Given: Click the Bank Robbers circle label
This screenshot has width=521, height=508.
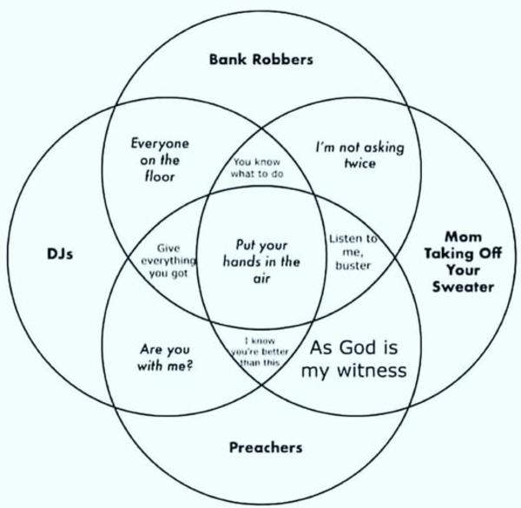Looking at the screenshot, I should pos(260,60).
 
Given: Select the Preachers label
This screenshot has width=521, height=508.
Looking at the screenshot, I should pos(266,448).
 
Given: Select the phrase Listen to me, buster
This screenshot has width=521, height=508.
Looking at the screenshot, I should pos(353,252).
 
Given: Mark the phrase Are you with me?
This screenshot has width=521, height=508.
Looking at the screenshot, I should pos(165,358).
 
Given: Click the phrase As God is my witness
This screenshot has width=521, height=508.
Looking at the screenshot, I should pos(354,360).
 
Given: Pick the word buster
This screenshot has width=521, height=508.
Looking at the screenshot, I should pos(353,266).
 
